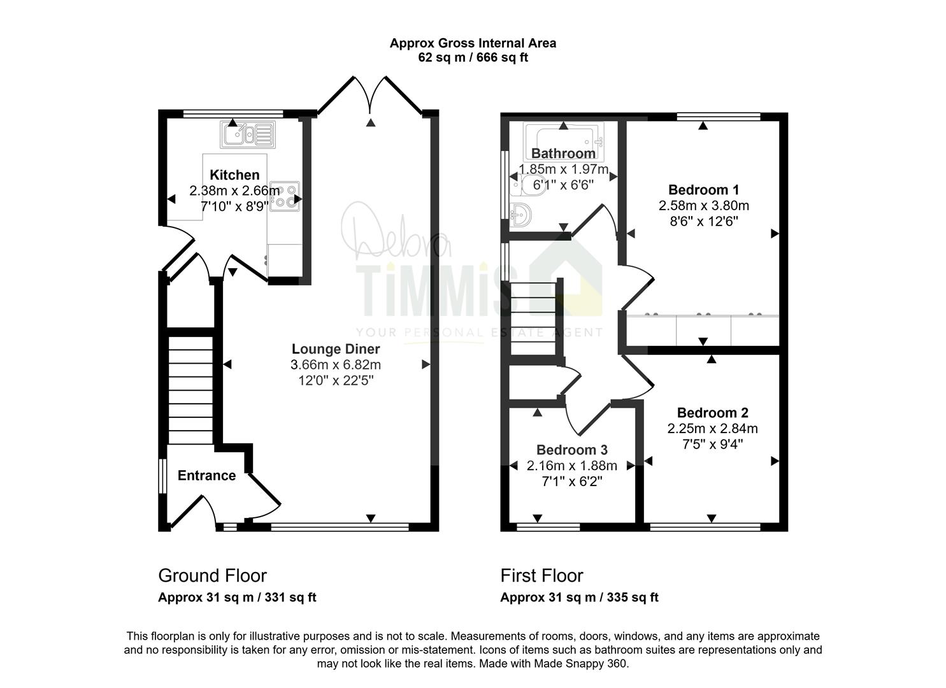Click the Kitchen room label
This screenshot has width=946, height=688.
coord(234,175)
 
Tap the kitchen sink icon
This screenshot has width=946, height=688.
coord(247,134)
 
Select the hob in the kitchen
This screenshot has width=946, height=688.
coord(285,196)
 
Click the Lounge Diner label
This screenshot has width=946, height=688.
coord(336,349)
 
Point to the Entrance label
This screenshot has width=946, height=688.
coord(206,476)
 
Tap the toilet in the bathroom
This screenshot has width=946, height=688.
coord(528,186)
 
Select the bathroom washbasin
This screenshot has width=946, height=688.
coord(520,215)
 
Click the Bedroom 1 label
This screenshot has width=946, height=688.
coord(703,190)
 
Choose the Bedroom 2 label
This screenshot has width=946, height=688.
coord(712,413)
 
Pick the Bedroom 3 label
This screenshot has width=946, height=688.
coord(572,450)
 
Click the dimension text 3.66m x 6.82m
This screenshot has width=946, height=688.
coord(336,365)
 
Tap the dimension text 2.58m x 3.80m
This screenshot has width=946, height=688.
coord(703,206)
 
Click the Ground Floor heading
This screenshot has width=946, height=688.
coord(212,576)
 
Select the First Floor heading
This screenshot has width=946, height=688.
coord(542,576)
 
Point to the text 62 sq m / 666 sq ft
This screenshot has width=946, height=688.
coord(473,57)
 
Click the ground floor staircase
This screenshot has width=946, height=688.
coord(190,390)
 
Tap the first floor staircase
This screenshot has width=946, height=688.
coord(533,319)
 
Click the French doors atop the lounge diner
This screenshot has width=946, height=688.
coord(370,95)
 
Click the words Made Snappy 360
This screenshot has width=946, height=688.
coord(581,664)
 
